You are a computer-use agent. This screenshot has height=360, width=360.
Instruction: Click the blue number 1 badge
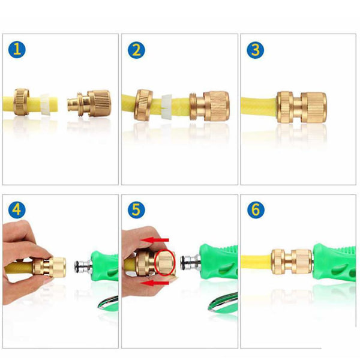[x=17, y=49]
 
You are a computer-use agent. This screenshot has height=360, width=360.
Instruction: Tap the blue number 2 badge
[x=136, y=50]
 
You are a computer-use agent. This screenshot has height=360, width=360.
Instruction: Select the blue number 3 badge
[x=256, y=50]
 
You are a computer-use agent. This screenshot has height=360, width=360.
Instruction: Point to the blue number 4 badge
[x=17, y=209]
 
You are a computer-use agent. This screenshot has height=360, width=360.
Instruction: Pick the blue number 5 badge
[x=136, y=209]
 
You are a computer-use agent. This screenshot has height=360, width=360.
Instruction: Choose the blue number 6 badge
[x=256, y=209]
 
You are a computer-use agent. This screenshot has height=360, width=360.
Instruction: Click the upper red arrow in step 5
[x=155, y=240]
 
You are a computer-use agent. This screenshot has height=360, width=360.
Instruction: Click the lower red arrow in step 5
[x=155, y=283]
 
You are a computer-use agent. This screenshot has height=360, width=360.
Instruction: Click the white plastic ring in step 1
[x=46, y=104]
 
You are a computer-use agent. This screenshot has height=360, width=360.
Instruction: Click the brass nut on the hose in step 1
[x=22, y=102]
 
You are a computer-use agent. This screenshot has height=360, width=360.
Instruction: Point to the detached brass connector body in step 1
[x=89, y=103]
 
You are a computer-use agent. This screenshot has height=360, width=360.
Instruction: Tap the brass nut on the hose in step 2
[x=143, y=104]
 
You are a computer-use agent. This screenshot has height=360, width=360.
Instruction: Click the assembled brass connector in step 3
[x=302, y=107]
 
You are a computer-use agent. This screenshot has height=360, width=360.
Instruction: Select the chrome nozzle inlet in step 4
[x=83, y=266]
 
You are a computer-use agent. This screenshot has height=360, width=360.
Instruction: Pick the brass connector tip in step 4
[x=57, y=267]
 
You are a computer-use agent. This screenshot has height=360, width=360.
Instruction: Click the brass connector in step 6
[x=292, y=262]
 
